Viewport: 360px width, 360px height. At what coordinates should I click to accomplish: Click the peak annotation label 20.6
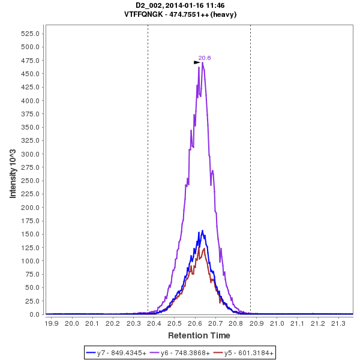(x=205, y=58)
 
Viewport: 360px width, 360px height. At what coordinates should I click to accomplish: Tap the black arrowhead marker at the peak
(x=197, y=62)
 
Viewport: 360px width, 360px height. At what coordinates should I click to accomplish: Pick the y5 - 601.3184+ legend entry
(x=248, y=353)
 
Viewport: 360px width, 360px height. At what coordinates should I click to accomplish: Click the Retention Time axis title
(x=199, y=335)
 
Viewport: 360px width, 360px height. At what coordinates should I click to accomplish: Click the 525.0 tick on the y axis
(x=30, y=34)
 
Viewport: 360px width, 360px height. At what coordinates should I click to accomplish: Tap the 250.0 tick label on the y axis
(x=30, y=181)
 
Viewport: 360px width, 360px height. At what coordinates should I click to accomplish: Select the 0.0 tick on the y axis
(x=34, y=314)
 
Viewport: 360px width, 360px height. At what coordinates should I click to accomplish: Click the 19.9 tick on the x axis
(x=52, y=323)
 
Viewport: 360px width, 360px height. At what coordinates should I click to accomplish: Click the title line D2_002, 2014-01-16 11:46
(x=180, y=5)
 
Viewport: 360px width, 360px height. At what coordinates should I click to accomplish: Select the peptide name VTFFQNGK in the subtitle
(x=144, y=14)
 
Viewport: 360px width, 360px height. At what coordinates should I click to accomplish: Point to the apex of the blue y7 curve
(x=202, y=230)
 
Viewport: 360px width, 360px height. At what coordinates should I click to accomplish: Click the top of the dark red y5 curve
(x=205, y=248)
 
